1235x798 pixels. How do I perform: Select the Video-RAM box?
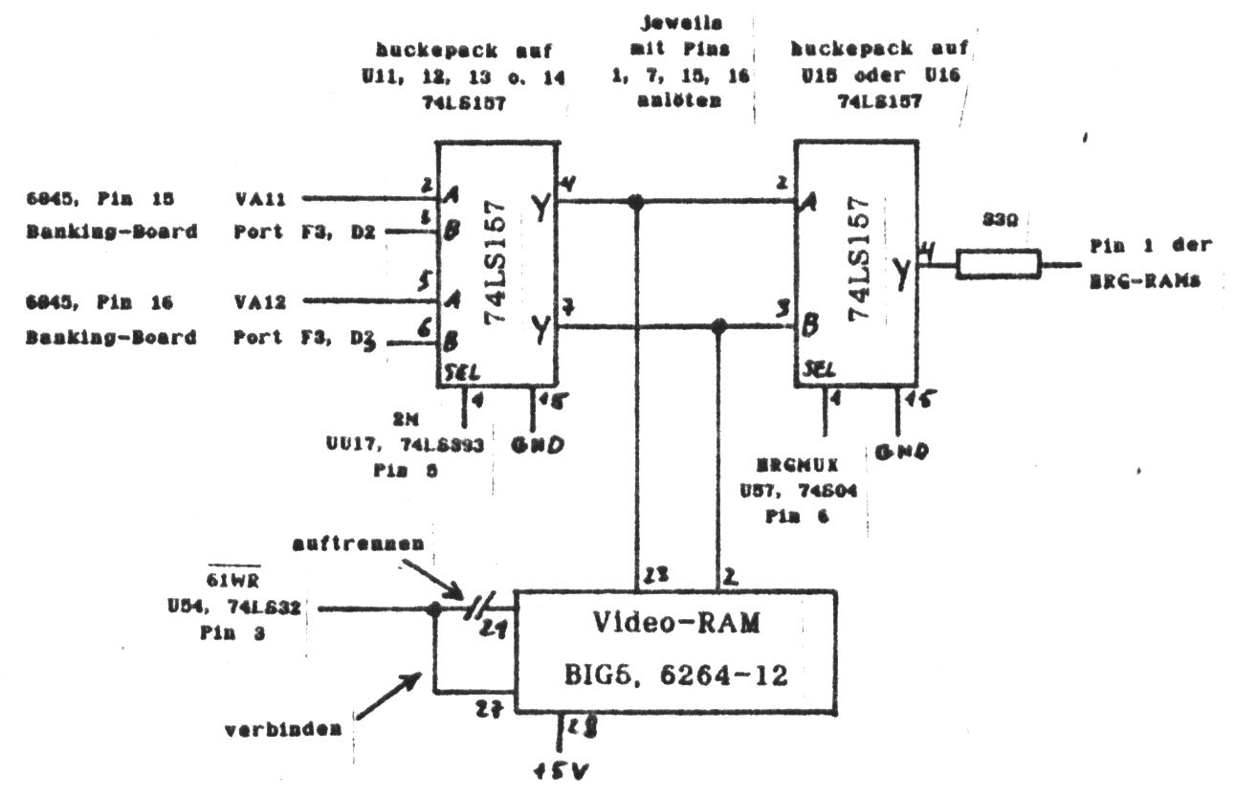point(676,651)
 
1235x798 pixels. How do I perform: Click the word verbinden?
point(283,728)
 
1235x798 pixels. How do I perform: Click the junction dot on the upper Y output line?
point(635,202)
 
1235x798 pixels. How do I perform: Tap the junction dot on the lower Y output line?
point(720,327)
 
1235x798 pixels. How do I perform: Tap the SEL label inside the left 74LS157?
point(456,369)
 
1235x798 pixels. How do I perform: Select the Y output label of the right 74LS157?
point(900,275)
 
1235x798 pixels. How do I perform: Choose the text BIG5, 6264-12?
point(676,676)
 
